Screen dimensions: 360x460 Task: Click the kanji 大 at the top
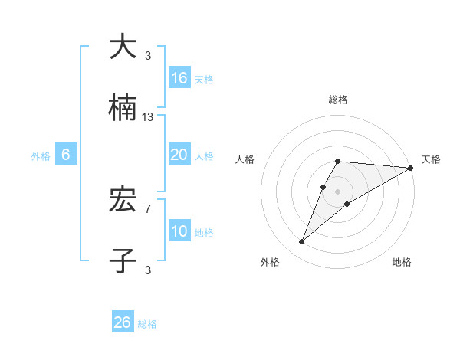point(123,47)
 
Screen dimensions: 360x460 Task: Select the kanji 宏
point(123,201)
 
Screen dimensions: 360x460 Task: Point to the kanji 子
point(123,261)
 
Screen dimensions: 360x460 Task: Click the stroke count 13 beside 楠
point(148,117)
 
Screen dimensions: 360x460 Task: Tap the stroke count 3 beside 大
point(148,55)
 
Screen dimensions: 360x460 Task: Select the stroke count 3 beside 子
point(148,269)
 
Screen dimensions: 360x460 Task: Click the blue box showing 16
point(179,78)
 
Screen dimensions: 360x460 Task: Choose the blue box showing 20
point(179,155)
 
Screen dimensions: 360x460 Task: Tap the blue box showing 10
point(179,231)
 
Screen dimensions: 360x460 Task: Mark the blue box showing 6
point(66,155)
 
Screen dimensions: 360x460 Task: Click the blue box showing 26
point(123,322)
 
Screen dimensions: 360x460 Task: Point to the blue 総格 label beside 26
point(147,324)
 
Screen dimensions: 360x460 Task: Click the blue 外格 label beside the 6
point(41,155)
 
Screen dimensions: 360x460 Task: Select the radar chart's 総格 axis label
point(338,100)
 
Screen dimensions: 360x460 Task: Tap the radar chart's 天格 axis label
point(431,159)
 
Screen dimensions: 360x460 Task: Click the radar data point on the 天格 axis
point(411,168)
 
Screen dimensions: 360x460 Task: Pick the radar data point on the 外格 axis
point(302,242)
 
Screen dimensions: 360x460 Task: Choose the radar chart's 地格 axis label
point(402,262)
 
